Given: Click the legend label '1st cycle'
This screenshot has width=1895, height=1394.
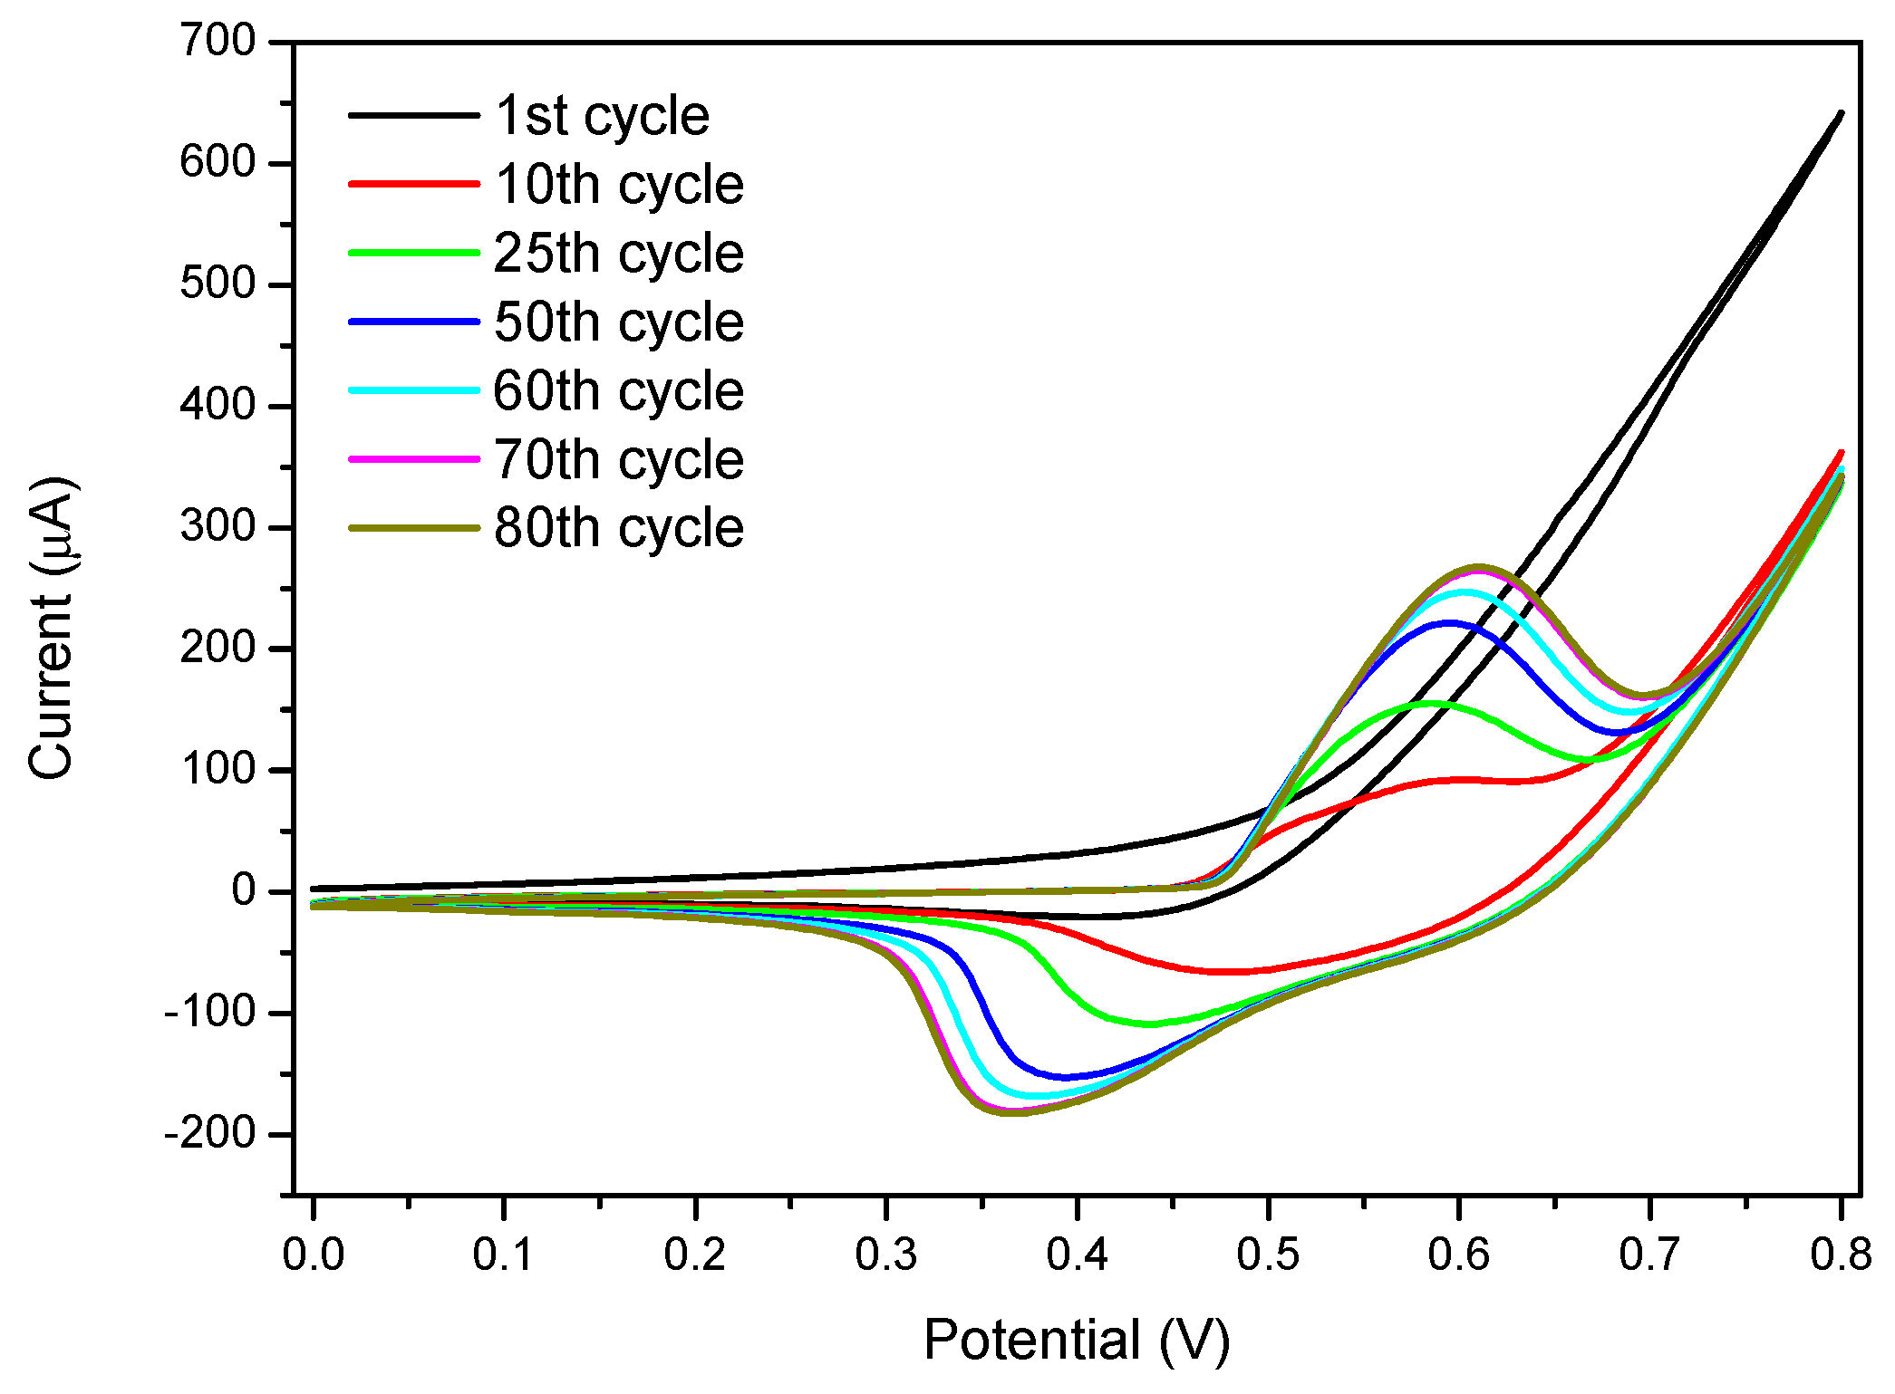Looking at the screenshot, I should coord(602,116).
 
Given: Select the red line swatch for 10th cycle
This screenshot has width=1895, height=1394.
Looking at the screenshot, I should coord(414,184).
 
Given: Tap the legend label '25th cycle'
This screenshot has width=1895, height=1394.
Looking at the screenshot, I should coord(618,253).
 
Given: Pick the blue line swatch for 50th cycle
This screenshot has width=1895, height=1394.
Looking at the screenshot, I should coord(414,322).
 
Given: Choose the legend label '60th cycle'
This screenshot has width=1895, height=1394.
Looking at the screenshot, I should coord(618,390).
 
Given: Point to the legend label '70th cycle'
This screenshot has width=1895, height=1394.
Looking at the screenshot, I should coord(618,459).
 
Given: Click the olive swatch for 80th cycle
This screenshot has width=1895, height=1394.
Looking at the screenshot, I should coord(414,528).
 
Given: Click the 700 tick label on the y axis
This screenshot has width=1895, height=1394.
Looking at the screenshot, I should coord(218,42).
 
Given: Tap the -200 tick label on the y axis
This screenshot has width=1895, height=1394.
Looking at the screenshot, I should coord(210,1133).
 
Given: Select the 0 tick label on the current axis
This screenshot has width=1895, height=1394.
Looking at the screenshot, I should coord(244,890).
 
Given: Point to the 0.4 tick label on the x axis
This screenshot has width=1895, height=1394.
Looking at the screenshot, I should coord(1077,1255).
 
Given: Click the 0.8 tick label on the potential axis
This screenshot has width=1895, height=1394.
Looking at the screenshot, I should coord(1840,1255).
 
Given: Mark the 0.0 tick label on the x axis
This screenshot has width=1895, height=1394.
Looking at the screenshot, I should coord(313,1255).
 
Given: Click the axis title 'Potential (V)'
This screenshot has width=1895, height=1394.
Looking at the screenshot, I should coord(1077,1340).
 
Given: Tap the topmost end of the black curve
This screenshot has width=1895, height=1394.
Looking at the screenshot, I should coord(1841,113).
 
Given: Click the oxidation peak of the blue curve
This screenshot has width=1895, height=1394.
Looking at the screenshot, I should coord(1448,622).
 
